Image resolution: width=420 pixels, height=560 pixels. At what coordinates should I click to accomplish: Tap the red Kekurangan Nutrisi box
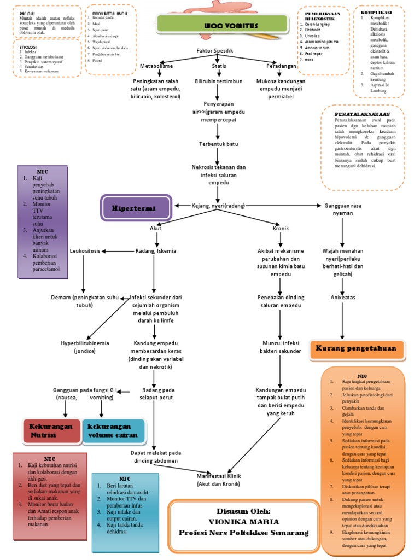(51, 431)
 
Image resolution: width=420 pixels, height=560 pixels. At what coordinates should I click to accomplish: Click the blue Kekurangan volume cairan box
(114, 431)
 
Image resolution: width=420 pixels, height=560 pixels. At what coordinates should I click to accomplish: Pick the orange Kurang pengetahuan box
(360, 349)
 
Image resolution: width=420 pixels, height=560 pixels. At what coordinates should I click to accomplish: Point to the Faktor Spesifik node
(215, 51)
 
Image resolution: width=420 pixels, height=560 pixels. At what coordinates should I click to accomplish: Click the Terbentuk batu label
(218, 144)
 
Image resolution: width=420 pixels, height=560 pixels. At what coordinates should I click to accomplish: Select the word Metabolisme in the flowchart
(157, 66)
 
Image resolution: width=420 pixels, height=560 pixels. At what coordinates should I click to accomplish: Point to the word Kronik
(281, 227)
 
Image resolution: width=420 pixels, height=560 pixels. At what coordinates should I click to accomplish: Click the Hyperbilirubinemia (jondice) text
(84, 347)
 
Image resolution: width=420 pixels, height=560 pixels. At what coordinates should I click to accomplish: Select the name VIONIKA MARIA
(244, 522)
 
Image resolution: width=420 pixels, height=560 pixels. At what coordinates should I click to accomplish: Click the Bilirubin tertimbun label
(219, 81)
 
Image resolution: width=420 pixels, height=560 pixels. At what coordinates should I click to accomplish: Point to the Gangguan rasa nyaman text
(343, 209)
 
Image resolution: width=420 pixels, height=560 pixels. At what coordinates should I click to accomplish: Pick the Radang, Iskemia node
(156, 251)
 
